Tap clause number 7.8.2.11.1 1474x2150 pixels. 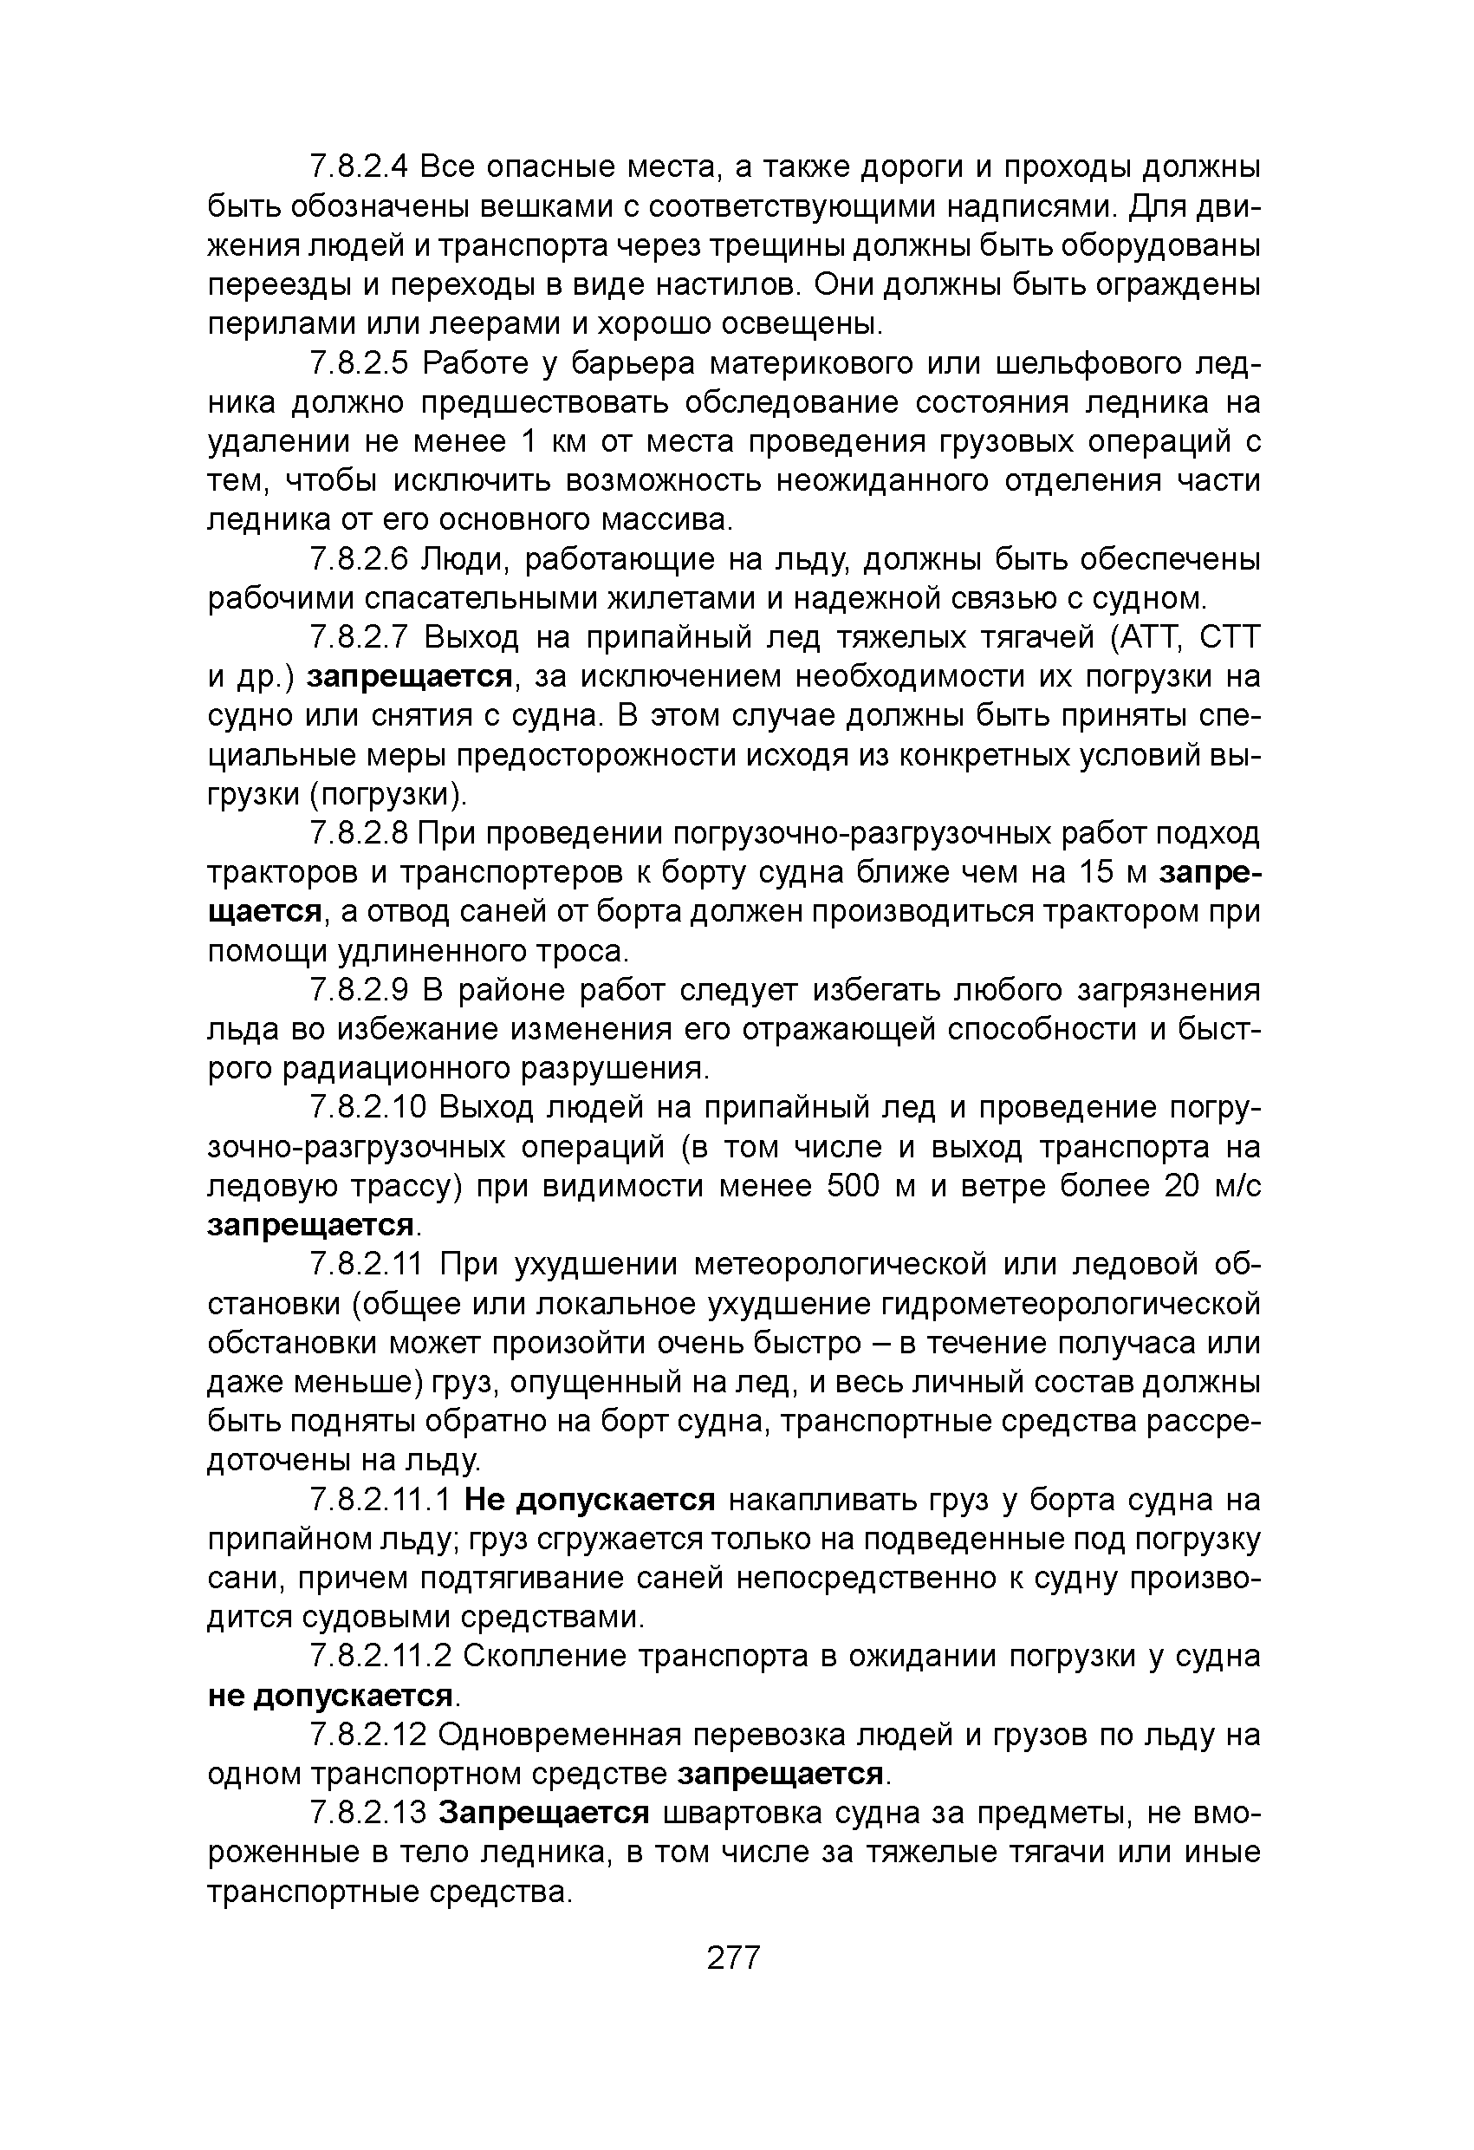pos(381,1500)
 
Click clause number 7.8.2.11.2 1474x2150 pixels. pos(381,1656)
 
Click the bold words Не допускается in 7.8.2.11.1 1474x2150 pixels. pos(590,1500)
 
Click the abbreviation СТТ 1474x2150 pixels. pos(1230,637)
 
